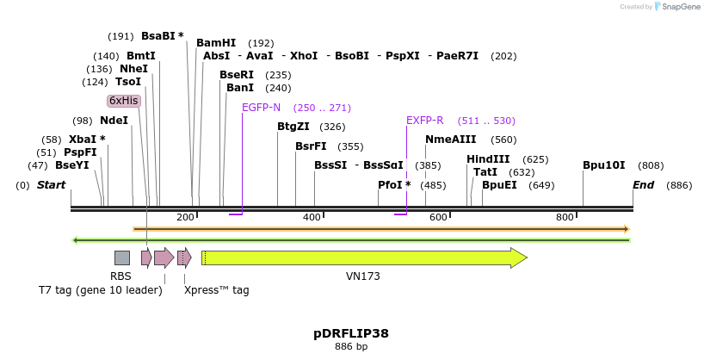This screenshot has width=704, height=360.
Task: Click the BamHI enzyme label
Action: pos(215,42)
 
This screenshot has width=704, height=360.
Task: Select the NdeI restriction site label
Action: pos(114,121)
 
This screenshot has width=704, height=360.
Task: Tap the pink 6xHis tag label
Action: pos(124,101)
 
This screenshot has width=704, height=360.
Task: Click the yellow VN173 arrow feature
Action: pos(361,258)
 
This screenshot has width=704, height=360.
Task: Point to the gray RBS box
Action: pos(122,258)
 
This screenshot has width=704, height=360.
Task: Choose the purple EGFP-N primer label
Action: pos(261,108)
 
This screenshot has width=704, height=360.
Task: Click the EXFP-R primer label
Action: pos(424,121)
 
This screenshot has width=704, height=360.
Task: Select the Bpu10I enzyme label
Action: pos(603,165)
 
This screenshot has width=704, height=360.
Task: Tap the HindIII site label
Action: pos(488,159)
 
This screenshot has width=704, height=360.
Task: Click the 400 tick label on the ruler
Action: pos(312,217)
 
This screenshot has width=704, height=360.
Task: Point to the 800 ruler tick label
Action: pos(565,217)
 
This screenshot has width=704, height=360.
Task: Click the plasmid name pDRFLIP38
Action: pos(351,332)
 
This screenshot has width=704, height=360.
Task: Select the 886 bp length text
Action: pos(351,346)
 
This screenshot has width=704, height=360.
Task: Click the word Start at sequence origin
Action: pos(51,185)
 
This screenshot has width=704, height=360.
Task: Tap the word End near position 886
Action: pos(643,185)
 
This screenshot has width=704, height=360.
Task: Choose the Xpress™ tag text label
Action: pos(217,290)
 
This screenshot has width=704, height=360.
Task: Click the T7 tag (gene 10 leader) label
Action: pos(100,290)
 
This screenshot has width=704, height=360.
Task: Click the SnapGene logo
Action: pos(680,7)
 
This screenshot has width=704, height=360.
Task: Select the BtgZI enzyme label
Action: pos(293,127)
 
